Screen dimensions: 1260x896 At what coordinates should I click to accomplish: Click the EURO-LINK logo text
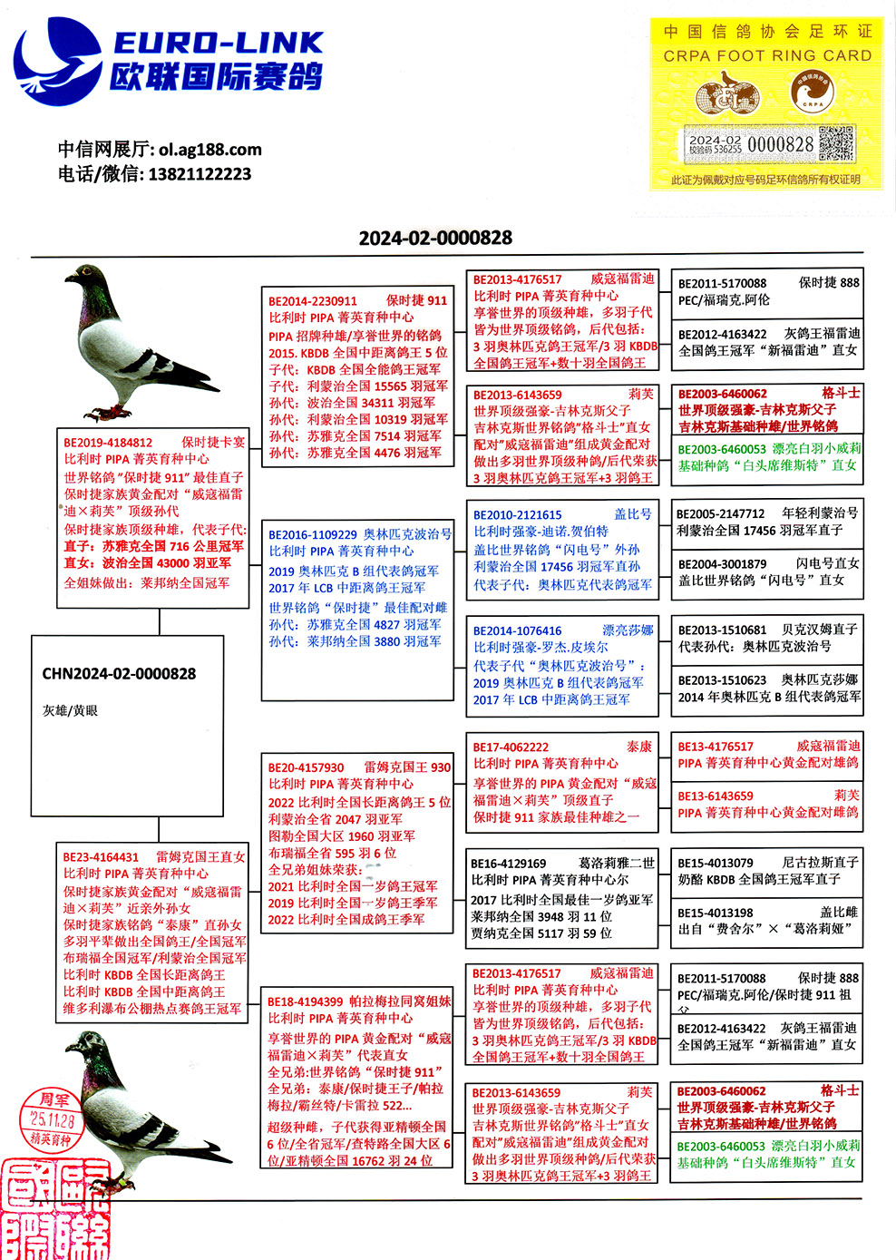point(218,42)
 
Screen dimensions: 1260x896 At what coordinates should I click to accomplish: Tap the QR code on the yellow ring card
point(836,144)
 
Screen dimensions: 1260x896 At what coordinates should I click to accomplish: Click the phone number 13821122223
point(200,174)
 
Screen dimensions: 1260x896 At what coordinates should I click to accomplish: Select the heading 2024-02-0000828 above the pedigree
point(435,238)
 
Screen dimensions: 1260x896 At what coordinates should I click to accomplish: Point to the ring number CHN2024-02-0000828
point(119,674)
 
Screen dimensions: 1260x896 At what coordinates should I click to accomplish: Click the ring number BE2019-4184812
point(108,443)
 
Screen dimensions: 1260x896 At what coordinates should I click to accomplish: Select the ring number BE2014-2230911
point(313,301)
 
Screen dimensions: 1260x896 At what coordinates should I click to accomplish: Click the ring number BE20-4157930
point(306,767)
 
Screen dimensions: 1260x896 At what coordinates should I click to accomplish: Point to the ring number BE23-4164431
point(101,857)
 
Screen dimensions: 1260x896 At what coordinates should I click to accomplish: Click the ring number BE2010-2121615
point(518,515)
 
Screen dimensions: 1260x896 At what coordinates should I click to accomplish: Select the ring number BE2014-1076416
point(518,631)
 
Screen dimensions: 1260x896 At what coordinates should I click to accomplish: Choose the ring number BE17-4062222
point(511,747)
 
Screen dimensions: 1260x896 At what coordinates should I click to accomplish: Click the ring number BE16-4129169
point(509,864)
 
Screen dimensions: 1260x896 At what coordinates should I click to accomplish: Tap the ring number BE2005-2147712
point(722,513)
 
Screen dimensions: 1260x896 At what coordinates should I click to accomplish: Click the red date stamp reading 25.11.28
point(53,1120)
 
